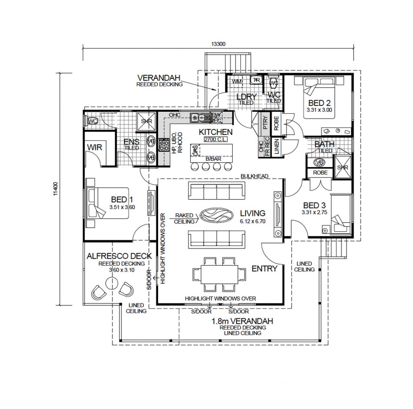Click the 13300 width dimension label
pos(218,44)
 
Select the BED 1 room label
pos(120,199)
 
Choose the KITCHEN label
pos(216,132)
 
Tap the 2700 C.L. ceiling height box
pos(216,139)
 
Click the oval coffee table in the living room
pos(217,215)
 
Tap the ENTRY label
pos(264,269)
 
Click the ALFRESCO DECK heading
pos(119,256)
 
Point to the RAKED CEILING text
pos(184,218)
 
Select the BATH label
pos(325,144)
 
